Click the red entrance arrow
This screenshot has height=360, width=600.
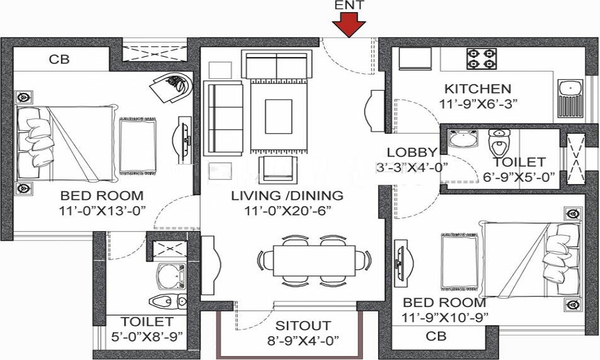pyautogui.click(x=349, y=25)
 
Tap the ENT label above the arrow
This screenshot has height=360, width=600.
pyautogui.click(x=349, y=5)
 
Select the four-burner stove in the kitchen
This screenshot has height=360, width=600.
pyautogui.click(x=481, y=59)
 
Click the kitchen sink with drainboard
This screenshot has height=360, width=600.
pyautogui.click(x=570, y=98)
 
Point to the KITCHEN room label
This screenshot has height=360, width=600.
pyautogui.click(x=478, y=89)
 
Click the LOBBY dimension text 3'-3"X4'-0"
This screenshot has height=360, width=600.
pyautogui.click(x=412, y=167)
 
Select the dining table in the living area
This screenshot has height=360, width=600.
pyautogui.click(x=314, y=260)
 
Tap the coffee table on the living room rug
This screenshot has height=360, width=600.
pyautogui.click(x=278, y=116)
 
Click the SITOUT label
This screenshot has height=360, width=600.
pyautogui.click(x=303, y=326)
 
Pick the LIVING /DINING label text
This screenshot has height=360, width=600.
pyautogui.click(x=287, y=196)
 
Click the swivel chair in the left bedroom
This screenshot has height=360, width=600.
pyautogui.click(x=172, y=88)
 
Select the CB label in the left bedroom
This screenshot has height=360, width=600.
pyautogui.click(x=59, y=59)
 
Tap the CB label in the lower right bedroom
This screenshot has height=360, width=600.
pyautogui.click(x=436, y=336)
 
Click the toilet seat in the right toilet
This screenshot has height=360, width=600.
pyautogui.click(x=499, y=143)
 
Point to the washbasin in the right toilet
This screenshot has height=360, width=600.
pyautogui.click(x=463, y=138)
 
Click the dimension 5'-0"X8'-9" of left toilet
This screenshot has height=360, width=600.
pyautogui.click(x=146, y=337)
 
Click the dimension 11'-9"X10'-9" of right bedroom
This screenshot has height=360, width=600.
pyautogui.click(x=445, y=317)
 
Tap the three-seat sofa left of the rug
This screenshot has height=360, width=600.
pyautogui.click(x=223, y=118)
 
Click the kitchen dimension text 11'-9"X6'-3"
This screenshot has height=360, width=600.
pyautogui.click(x=478, y=104)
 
